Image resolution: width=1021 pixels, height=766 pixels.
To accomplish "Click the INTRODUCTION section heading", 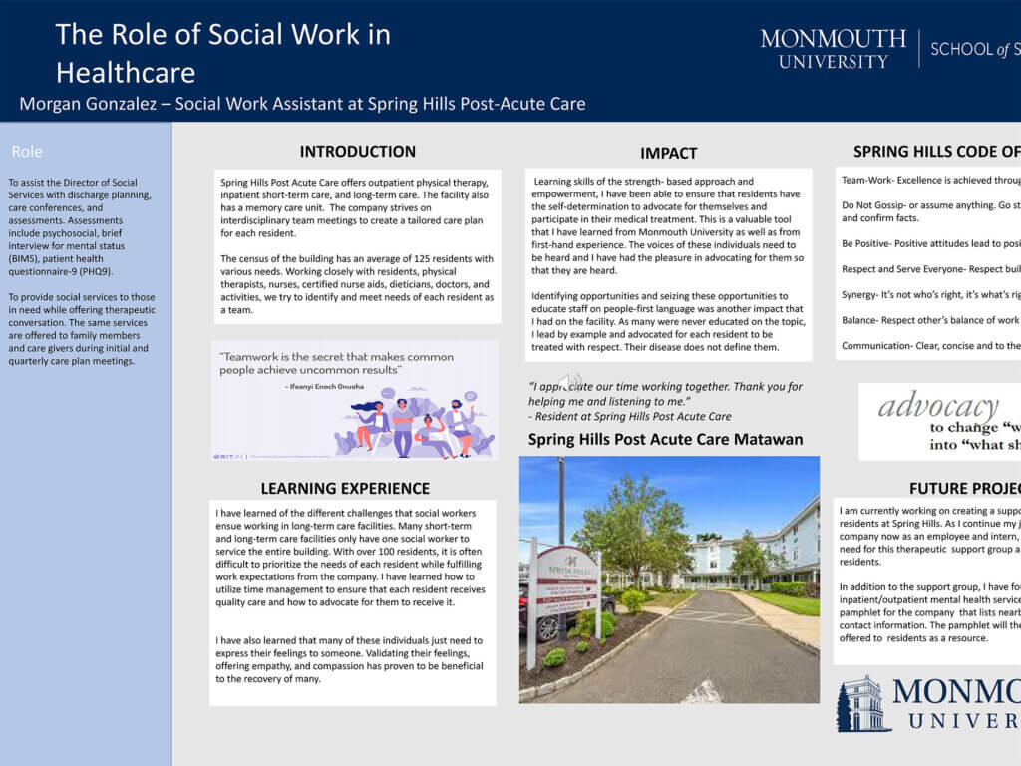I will point(357,152).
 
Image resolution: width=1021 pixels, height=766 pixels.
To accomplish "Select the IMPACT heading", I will point(668,153).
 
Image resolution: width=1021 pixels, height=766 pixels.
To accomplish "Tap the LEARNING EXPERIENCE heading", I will point(345,488).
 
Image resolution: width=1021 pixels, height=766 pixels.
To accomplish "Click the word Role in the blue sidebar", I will point(27,152).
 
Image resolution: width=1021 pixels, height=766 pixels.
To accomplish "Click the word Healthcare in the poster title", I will point(125,72).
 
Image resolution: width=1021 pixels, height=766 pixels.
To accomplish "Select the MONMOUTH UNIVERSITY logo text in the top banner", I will point(833,49).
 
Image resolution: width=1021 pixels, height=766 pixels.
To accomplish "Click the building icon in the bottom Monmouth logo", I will point(862,705).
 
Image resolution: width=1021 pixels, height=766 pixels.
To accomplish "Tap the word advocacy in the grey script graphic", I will point(938,406).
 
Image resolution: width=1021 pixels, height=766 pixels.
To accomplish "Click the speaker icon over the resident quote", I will point(569,381).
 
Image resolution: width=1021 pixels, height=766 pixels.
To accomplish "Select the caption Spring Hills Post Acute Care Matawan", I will point(665,439).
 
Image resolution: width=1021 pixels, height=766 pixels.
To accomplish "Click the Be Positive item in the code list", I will point(866,243).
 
